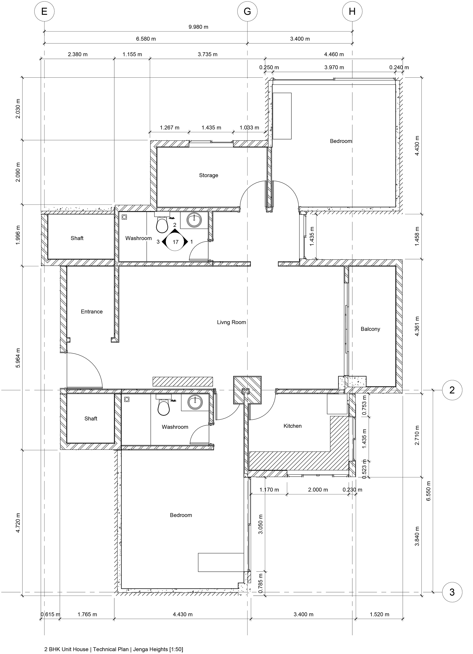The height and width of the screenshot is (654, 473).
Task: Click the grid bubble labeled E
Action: coord(44,12)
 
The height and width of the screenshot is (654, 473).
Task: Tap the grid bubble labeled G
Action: coord(247,12)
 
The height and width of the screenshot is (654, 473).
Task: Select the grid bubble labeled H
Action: coord(352,12)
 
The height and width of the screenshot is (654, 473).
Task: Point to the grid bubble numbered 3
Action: coord(452,592)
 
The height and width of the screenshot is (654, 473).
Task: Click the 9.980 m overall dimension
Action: coord(198,27)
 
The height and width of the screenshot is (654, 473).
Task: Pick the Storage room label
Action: coord(208,175)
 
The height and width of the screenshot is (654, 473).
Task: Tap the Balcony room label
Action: coord(370,329)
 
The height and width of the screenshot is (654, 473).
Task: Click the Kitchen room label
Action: coord(292,426)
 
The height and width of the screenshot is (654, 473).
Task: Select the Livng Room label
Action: coord(231,322)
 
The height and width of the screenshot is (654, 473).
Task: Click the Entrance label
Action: coord(92,311)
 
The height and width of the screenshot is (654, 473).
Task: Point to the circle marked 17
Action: coord(175,242)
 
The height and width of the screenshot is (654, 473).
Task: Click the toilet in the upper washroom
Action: coord(162,225)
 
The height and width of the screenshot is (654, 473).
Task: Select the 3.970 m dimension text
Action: coord(334,67)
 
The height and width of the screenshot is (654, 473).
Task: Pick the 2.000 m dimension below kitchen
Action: coord(318,490)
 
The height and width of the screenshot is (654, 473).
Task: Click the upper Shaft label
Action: coord(77,238)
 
